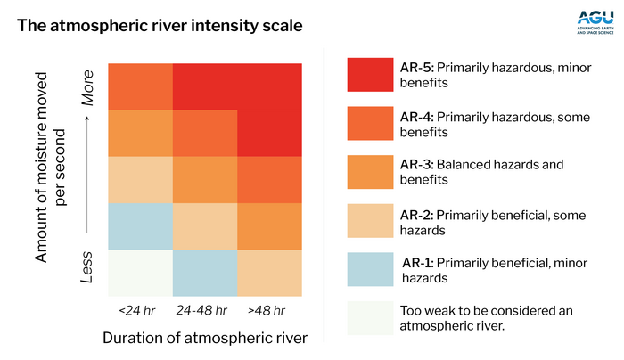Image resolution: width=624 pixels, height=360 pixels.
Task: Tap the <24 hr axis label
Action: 138,310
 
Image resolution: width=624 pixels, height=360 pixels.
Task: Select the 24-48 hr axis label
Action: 205,310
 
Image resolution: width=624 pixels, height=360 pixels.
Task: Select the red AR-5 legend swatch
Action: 370,74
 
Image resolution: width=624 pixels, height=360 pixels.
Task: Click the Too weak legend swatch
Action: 370,316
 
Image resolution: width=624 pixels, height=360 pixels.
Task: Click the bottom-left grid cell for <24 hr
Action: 139,273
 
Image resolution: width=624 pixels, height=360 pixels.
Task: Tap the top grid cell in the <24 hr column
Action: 139,86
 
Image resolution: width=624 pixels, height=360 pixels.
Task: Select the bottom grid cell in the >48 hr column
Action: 270,273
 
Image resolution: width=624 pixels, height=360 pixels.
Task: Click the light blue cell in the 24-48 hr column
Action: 205,273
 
